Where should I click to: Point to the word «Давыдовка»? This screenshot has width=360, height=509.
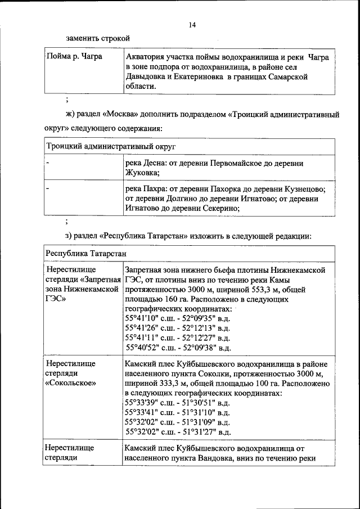[x=145, y=77]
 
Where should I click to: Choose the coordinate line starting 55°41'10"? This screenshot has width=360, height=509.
[x=177, y=318]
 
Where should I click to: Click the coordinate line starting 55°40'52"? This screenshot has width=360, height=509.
[x=177, y=348]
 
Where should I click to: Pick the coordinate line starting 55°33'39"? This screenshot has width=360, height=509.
[x=177, y=403]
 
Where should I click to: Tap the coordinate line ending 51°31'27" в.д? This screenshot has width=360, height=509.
[x=177, y=432]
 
